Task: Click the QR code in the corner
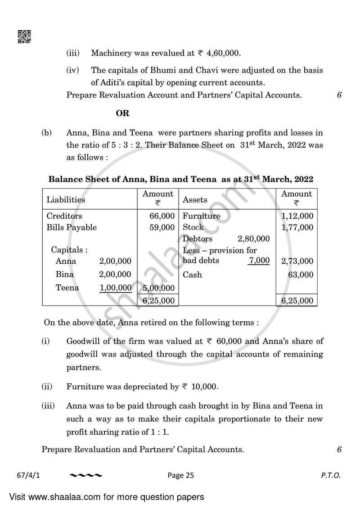point(24,36)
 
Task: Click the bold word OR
point(122,113)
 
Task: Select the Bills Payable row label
point(72,228)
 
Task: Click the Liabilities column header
point(66,199)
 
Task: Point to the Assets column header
point(195,199)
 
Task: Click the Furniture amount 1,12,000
point(297,216)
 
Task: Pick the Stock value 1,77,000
point(297,228)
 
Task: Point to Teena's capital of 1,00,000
point(115,288)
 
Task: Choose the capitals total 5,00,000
point(158,288)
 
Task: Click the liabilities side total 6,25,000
point(158,300)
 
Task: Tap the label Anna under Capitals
point(66,261)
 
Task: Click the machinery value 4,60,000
point(224,53)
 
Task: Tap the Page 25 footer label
point(180,475)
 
